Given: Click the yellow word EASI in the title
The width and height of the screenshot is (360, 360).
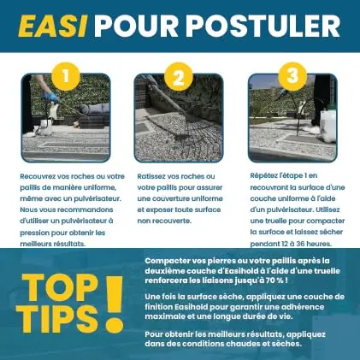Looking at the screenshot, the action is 53,26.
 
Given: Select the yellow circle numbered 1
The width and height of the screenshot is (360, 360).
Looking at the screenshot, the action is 66,76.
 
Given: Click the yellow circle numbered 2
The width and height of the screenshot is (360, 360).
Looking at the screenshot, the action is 179,76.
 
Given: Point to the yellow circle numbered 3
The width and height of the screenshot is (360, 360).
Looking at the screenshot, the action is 292,76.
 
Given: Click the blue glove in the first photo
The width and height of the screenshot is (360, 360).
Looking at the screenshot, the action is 50,97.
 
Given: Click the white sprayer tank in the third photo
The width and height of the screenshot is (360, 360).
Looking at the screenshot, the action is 328,126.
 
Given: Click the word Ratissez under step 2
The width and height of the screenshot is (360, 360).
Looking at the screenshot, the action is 151,176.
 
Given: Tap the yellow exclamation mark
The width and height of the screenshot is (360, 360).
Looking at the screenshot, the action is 114,304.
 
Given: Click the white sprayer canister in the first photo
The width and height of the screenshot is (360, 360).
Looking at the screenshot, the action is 46,127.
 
